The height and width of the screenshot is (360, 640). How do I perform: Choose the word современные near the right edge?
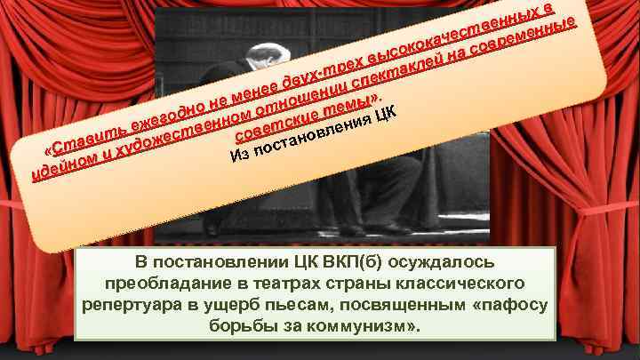[532, 39]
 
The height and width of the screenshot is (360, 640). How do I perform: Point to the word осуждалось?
[444, 263]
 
